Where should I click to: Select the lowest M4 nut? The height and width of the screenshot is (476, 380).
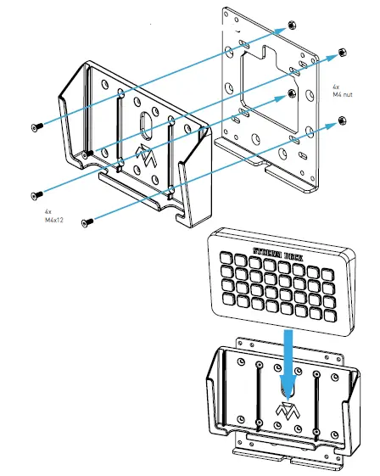[341, 120]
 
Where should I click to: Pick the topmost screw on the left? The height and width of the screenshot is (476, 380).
[35, 126]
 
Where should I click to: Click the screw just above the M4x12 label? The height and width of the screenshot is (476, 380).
[36, 193]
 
